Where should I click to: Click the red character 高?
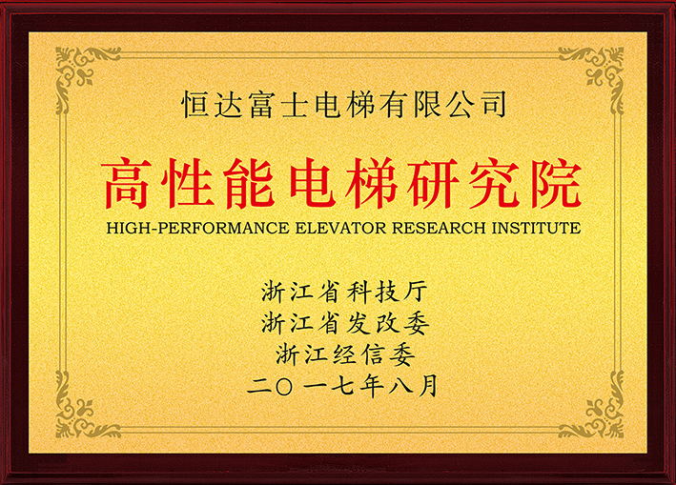click(x=127, y=184)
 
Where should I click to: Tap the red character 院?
click(x=556, y=184)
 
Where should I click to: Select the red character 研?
click(x=433, y=184)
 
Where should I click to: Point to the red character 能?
click(x=250, y=184)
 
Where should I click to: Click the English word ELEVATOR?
click(x=340, y=228)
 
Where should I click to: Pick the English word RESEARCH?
click(x=439, y=228)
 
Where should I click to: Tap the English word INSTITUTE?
click(x=536, y=228)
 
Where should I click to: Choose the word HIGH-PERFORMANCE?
click(x=198, y=228)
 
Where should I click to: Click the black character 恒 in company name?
click(x=195, y=104)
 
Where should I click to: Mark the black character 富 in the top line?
click(x=261, y=104)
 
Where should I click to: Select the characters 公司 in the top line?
click(x=478, y=104)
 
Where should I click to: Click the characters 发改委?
click(x=387, y=323)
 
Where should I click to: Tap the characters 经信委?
click(x=374, y=354)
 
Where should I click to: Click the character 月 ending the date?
click(x=427, y=386)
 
